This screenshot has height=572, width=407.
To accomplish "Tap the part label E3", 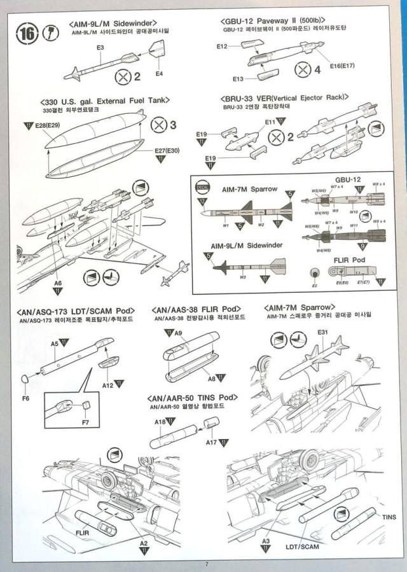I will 100,48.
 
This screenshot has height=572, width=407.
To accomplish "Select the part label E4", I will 159,74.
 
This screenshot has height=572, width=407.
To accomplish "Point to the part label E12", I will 222,46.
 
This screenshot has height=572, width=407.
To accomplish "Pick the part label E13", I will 238,78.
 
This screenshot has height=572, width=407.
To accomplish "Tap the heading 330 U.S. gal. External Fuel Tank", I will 104,102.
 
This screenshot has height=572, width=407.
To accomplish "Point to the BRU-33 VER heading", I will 285,97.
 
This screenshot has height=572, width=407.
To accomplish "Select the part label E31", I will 322,333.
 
